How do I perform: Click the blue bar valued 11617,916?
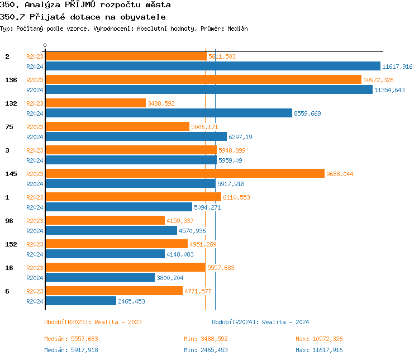212,67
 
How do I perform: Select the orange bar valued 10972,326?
203,80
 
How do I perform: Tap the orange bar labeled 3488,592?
95,103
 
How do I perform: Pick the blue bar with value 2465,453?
80,301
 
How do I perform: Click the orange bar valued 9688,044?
184,174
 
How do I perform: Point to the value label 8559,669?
307,113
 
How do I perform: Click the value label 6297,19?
240,137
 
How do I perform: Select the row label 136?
11,80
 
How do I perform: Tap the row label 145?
11,174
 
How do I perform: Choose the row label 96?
9,221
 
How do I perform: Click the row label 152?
11,244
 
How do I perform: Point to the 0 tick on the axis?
45,45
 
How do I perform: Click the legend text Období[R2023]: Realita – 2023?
93,322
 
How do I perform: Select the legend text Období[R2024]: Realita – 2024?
260,322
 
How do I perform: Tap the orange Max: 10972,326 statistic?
319,339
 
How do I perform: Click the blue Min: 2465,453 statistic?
206,350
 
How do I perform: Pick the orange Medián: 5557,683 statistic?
71,339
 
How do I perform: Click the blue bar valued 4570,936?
111,231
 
